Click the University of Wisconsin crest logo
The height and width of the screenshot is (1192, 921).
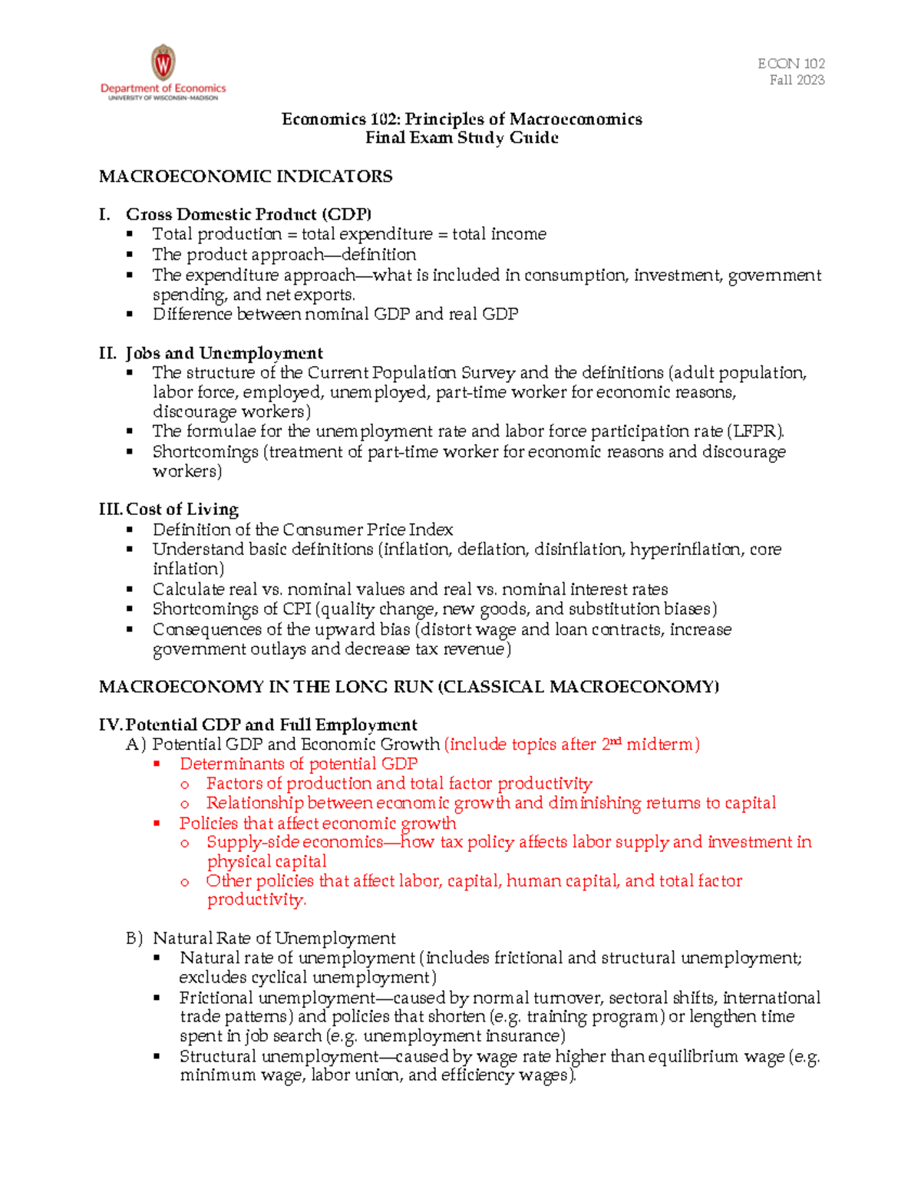[x=163, y=63]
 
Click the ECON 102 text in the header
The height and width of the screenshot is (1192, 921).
[x=791, y=64]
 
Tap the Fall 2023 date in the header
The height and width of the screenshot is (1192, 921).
[x=797, y=80]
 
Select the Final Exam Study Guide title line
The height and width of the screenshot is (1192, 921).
[x=461, y=138]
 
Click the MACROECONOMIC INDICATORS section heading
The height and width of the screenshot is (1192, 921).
[x=246, y=177]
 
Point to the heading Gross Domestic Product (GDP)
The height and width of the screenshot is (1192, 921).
[x=249, y=214]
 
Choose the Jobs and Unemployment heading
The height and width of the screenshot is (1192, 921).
[x=224, y=353]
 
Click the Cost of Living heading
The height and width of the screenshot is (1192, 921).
[x=182, y=510]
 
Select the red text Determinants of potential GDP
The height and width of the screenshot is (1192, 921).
[x=299, y=764]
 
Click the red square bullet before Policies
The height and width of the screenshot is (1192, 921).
[x=157, y=823]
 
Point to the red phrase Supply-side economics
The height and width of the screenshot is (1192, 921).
[x=294, y=842]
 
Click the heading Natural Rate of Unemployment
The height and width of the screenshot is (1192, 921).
[x=274, y=938]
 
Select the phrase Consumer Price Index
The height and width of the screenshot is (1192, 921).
[x=368, y=530]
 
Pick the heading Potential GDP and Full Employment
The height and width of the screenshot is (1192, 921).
[x=271, y=725]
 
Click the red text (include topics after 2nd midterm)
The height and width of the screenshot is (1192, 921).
[x=572, y=744]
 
